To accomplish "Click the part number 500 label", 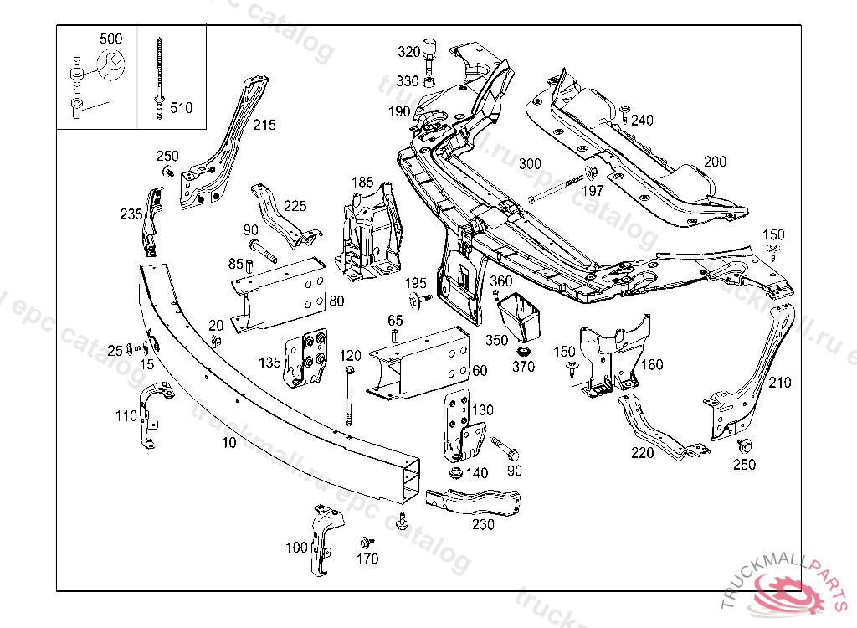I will coord(110,39).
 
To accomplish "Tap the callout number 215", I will coord(264,126).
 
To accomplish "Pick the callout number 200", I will coord(715,162).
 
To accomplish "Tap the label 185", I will coord(362,182).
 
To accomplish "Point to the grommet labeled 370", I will coord(525,349).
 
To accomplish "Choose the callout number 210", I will coord(779,383).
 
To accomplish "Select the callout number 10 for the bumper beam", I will coord(229,442).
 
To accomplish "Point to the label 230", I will coord(483,525).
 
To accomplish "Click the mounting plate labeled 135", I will coord(306,361).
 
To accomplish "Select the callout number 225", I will coord(295,206).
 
